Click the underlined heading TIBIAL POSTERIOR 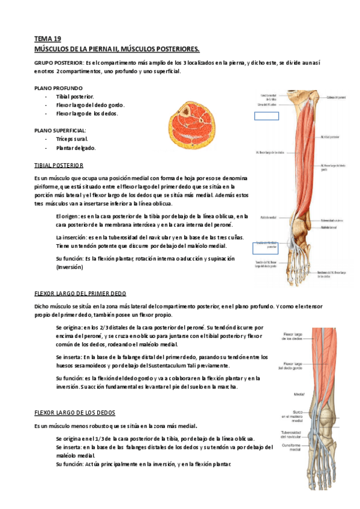pos(59,164)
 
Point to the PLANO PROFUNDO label pos(58,88)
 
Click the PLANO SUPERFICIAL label pos(61,130)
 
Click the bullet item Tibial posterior pos(74,96)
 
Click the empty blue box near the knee pos(266,117)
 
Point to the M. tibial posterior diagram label pos(331,137)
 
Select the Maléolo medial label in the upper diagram pos(268,217)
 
